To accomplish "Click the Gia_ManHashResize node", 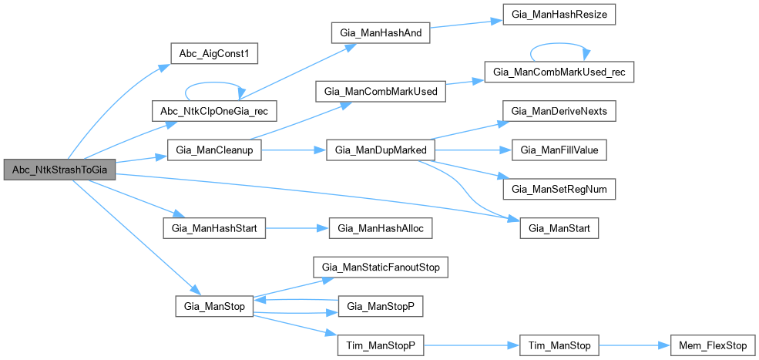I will pyautogui.click(x=559, y=15).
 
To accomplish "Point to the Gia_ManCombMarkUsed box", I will pyautogui.click(x=381, y=92).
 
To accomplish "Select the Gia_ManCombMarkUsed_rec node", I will pyautogui.click(x=559, y=72).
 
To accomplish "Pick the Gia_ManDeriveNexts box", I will pyautogui.click(x=559, y=112).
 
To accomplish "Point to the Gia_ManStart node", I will pyautogui.click(x=559, y=228).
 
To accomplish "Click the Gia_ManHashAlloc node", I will pyautogui.click(x=381, y=228).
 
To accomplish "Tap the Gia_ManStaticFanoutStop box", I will pyautogui.click(x=381, y=267).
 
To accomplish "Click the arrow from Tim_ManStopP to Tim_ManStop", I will pyautogui.click(x=472, y=345).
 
